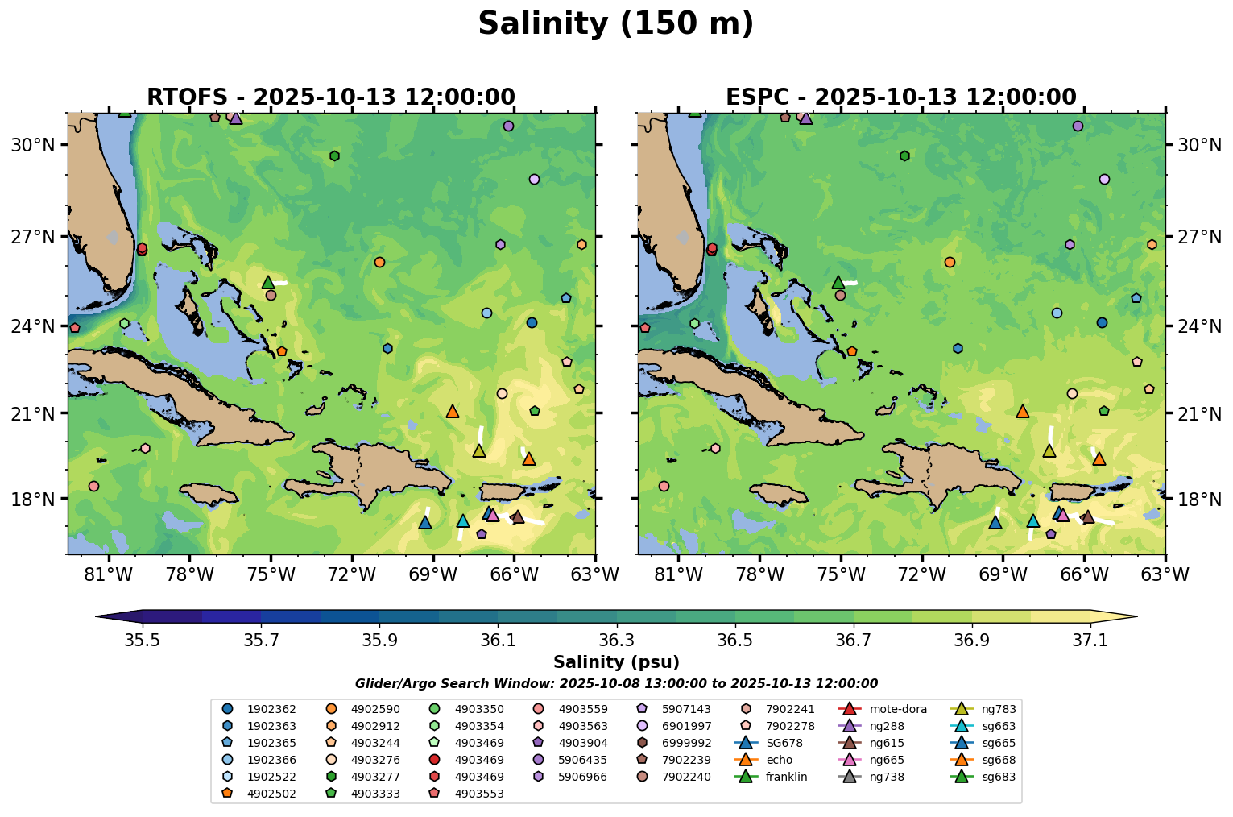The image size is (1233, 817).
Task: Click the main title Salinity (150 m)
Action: click(x=615, y=24)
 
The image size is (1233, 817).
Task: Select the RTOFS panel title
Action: click(x=330, y=97)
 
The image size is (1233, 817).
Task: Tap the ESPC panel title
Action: click(x=900, y=97)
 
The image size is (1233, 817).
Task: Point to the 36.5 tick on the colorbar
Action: click(x=735, y=640)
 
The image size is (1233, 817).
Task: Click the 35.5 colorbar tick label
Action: click(x=143, y=640)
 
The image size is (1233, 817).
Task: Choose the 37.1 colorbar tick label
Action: click(x=1090, y=640)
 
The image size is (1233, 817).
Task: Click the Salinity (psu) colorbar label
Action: click(x=616, y=663)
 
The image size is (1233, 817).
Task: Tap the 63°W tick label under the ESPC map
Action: click(x=1165, y=574)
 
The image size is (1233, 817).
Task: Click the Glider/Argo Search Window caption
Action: click(x=616, y=684)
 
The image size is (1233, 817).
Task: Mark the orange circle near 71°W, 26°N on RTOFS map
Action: click(x=379, y=262)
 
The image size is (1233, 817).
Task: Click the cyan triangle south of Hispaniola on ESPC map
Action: click(x=1033, y=521)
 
